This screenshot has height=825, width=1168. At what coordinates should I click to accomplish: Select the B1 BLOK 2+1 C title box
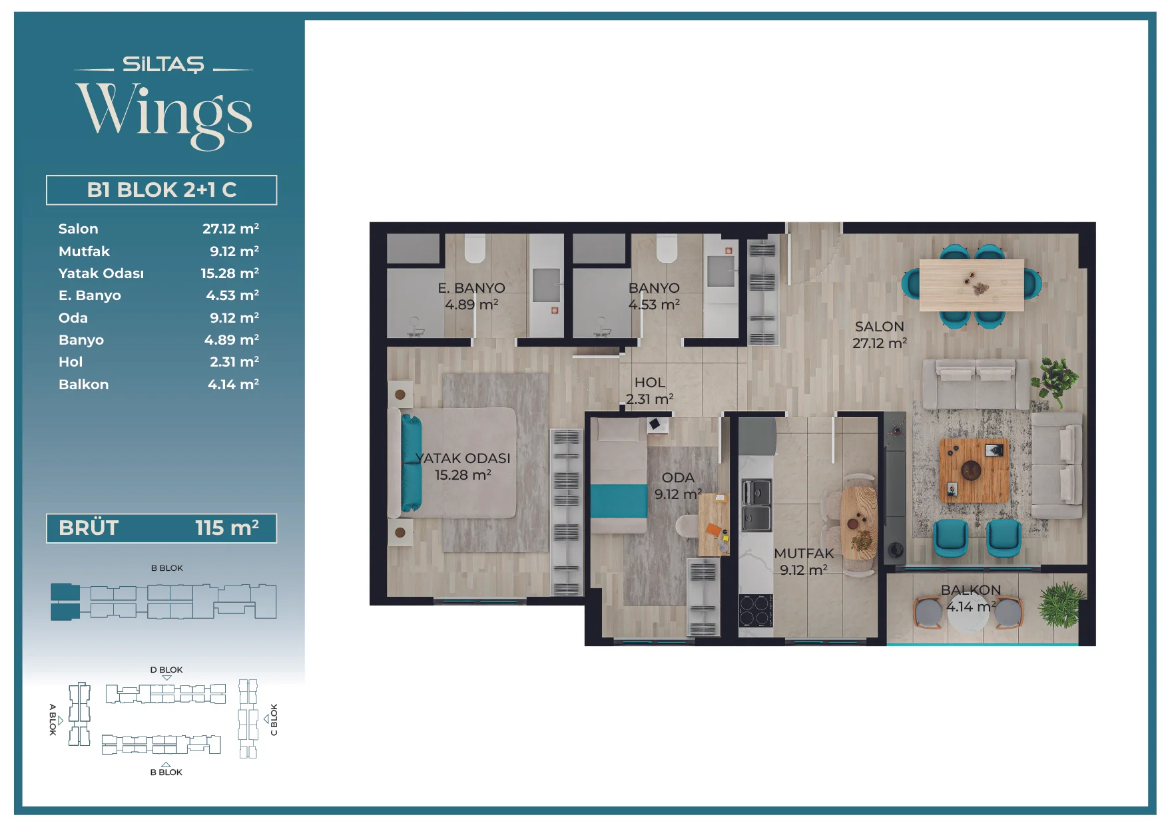point(161,190)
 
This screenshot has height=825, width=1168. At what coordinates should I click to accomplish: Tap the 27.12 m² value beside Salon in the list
point(230,228)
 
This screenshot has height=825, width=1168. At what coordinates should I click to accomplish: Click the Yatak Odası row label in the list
point(101,273)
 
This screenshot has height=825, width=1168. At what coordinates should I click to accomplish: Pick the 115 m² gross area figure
point(227,528)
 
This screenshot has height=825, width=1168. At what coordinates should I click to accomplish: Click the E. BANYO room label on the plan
point(471,288)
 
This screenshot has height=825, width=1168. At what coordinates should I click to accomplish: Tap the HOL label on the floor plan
point(650,383)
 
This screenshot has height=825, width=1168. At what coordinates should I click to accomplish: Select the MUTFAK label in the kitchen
point(804,554)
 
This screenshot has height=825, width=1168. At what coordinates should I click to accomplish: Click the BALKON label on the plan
point(971,590)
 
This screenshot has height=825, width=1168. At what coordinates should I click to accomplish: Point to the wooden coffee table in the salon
point(974,470)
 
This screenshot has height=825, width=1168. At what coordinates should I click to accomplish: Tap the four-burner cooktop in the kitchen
point(756,611)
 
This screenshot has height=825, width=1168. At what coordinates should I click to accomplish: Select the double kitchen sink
point(756,505)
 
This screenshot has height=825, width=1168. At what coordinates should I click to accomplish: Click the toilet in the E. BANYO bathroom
point(475,247)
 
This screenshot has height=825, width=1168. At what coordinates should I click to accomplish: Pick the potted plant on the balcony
point(1062,605)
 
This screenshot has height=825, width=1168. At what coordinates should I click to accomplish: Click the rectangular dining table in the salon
point(972,285)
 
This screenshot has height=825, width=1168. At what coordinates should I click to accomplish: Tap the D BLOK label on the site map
point(166,670)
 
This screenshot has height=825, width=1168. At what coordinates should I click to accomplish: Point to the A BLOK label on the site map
point(53,719)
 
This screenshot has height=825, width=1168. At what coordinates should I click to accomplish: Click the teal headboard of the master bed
point(411,462)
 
